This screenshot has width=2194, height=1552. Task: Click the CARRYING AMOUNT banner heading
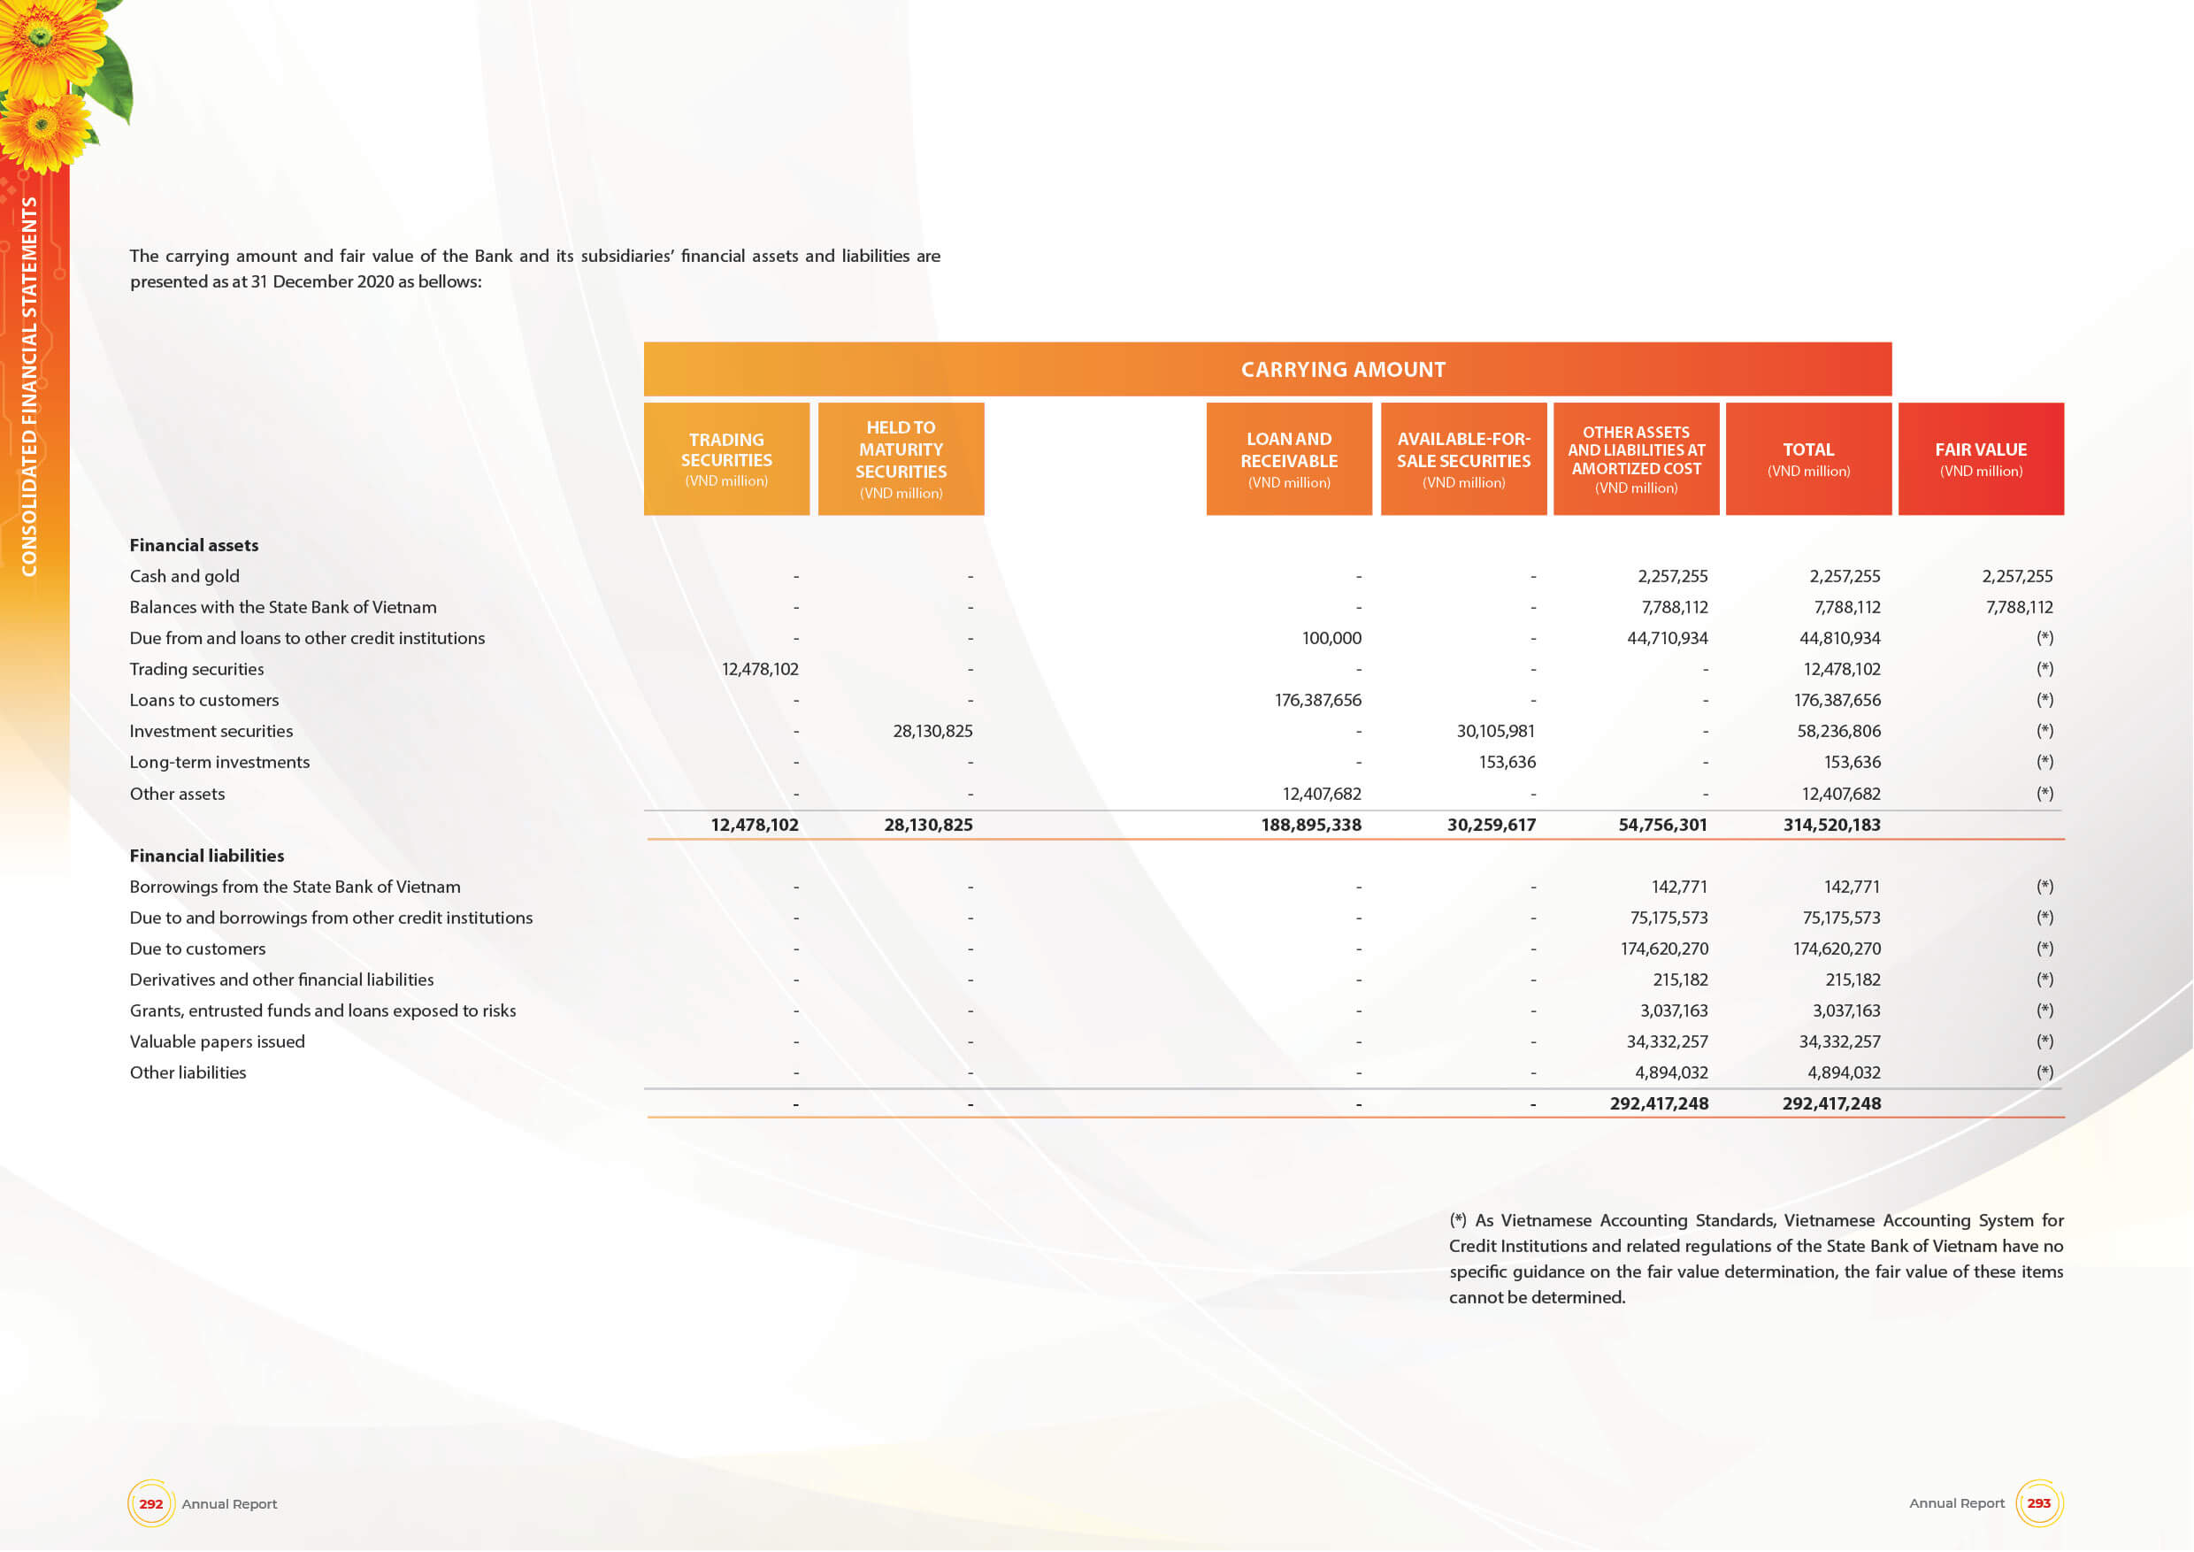(1343, 370)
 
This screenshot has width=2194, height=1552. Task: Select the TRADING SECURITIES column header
(726, 458)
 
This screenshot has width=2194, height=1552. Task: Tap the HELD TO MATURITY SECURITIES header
(900, 458)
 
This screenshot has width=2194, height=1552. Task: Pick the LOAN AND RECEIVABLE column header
(1288, 458)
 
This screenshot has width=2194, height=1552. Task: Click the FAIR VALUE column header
(1980, 458)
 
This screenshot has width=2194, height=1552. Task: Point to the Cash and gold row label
(184, 576)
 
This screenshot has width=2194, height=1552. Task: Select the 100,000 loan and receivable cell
(1331, 638)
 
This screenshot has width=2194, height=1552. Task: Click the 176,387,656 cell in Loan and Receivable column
(1318, 701)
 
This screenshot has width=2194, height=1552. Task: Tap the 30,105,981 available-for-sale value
(1495, 731)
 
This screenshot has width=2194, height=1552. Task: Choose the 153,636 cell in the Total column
(1852, 763)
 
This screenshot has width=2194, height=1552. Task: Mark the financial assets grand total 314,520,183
(1831, 825)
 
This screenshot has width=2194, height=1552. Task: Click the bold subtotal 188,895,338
(1310, 825)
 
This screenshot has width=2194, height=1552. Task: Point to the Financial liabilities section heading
(206, 857)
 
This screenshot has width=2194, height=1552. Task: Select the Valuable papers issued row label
(217, 1041)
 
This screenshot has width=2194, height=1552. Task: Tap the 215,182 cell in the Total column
(1852, 980)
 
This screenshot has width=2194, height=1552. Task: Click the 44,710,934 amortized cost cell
(1667, 638)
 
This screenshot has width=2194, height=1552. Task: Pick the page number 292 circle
(151, 1503)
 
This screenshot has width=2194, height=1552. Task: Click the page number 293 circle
(2038, 1503)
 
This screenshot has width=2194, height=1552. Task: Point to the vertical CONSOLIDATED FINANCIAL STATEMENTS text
(29, 386)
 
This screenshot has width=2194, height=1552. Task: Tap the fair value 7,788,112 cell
(2018, 608)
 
